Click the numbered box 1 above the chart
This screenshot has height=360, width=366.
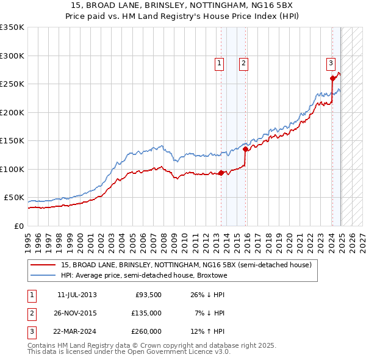tap(218, 62)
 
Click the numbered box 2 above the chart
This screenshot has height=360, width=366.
tap(243, 62)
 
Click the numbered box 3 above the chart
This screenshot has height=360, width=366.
tap(330, 62)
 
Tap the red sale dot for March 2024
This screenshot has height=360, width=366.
tap(332, 78)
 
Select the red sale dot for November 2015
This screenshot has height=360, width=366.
tap(245, 149)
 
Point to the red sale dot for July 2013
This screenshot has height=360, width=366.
tap(221, 173)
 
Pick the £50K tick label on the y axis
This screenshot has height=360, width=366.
tap(14, 198)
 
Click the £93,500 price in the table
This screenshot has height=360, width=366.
tap(148, 295)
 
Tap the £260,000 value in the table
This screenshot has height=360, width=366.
tap(146, 331)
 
